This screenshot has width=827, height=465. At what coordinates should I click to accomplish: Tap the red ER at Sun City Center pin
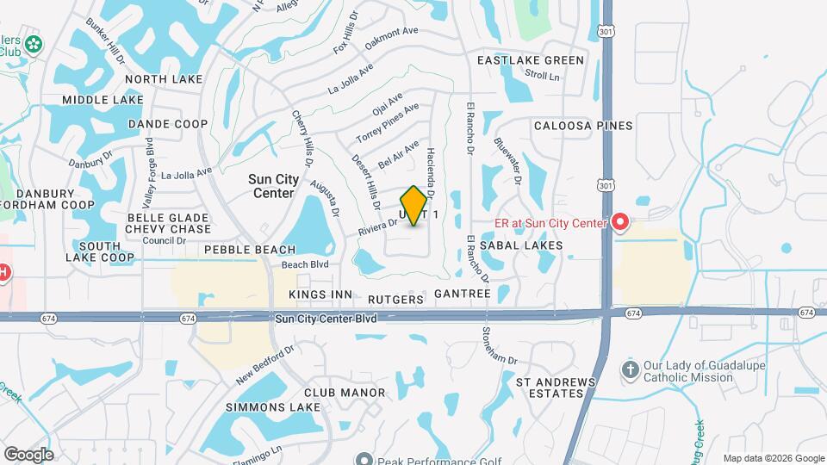tap(620, 223)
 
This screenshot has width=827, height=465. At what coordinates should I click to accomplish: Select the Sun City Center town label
tap(274, 186)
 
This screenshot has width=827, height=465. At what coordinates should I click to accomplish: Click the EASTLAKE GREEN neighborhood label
tap(531, 60)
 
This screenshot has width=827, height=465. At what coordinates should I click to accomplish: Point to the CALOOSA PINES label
tap(583, 126)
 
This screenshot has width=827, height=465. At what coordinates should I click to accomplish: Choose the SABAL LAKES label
tap(521, 245)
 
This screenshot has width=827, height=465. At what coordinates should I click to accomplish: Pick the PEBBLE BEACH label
tap(250, 250)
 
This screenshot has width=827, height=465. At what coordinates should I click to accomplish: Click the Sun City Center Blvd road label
tap(326, 319)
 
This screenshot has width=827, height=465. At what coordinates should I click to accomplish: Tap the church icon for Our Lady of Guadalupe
tap(631, 369)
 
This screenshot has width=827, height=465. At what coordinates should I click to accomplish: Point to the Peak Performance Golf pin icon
tap(364, 460)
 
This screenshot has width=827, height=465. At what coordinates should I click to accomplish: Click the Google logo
tap(28, 455)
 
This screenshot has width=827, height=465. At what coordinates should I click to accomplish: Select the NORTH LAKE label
tap(164, 79)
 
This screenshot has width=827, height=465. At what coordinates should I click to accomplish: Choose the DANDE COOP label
tap(168, 124)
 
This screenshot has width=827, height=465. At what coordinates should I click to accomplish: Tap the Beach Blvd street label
tap(306, 264)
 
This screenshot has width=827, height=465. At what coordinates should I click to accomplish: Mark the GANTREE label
tap(463, 294)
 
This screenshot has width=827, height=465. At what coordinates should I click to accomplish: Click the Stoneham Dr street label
tap(500, 344)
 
